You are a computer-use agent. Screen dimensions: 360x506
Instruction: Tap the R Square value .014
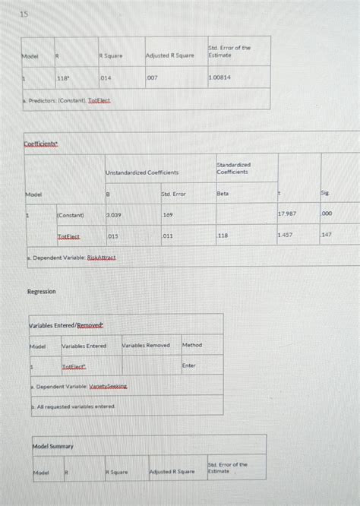point(106,78)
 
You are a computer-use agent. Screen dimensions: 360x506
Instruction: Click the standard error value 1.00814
point(221,78)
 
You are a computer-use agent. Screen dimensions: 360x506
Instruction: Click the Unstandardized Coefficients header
point(143,172)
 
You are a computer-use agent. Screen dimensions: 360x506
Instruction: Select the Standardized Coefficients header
point(234,168)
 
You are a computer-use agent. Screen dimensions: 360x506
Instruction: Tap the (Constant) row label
point(71,215)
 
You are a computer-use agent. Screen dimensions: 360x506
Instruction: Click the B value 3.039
point(113,215)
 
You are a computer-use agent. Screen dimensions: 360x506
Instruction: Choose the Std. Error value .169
point(168,215)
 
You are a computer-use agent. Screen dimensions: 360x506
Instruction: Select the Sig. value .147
point(327,236)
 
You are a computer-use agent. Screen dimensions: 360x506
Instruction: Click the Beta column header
point(223,194)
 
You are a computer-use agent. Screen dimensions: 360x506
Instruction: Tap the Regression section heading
point(41,292)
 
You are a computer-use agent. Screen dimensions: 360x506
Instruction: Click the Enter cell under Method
point(189,365)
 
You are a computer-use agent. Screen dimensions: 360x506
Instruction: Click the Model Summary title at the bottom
point(52,446)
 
